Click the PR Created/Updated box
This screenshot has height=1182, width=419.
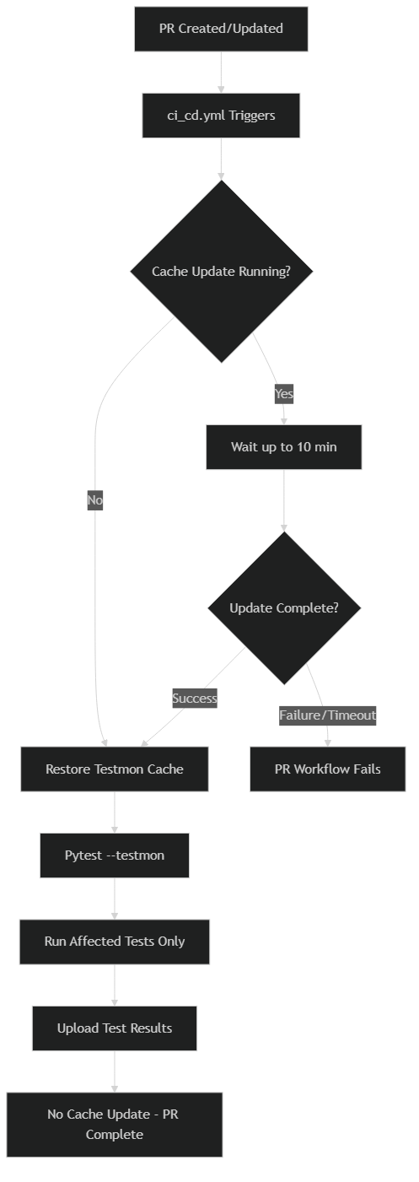pyautogui.click(x=221, y=29)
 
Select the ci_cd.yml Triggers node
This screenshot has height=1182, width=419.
pyautogui.click(x=221, y=116)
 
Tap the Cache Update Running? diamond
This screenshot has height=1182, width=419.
pyautogui.click(x=222, y=272)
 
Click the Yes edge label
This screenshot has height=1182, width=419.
pyautogui.click(x=284, y=394)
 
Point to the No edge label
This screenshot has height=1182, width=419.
pyautogui.click(x=94, y=500)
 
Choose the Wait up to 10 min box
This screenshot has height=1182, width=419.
pyautogui.click(x=284, y=447)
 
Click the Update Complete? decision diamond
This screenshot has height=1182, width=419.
pyautogui.click(x=284, y=608)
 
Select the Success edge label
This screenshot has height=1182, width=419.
pyautogui.click(x=195, y=699)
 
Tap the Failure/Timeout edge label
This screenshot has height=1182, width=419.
pyautogui.click(x=328, y=715)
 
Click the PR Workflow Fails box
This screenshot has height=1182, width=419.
pyautogui.click(x=328, y=769)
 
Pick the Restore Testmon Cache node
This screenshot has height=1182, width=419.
pyautogui.click(x=115, y=769)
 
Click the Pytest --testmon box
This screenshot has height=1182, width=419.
pyautogui.click(x=115, y=855)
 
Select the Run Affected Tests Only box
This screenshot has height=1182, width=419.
pyautogui.click(x=115, y=942)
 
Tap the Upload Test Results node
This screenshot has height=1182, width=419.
pyautogui.click(x=115, y=1028)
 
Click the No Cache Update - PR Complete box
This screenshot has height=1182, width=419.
pyautogui.click(x=115, y=1125)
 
